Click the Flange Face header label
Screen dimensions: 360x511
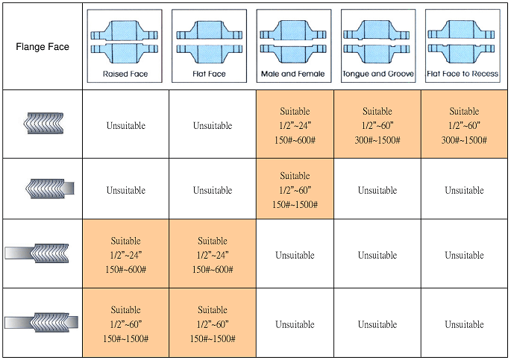pyautogui.click(x=43, y=46)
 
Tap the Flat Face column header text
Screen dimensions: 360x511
pyautogui.click(x=210, y=75)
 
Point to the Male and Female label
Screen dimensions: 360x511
pyautogui.click(x=294, y=75)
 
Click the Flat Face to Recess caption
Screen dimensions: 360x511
pyautogui.click(x=463, y=75)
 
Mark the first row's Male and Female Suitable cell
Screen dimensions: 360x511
pyautogui.click(x=295, y=124)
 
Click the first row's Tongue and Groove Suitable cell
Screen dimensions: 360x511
pyautogui.click(x=377, y=124)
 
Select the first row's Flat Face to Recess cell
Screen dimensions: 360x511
pyautogui.click(x=464, y=124)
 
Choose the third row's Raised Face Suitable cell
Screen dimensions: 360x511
pyautogui.click(x=125, y=255)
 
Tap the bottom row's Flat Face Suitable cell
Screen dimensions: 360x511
pyautogui.click(x=213, y=324)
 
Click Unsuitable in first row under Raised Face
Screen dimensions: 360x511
pyautogui.click(x=125, y=126)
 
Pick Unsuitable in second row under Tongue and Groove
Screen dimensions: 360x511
pyautogui.click(x=377, y=191)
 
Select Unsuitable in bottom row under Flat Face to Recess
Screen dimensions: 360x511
pyautogui.click(x=464, y=325)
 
